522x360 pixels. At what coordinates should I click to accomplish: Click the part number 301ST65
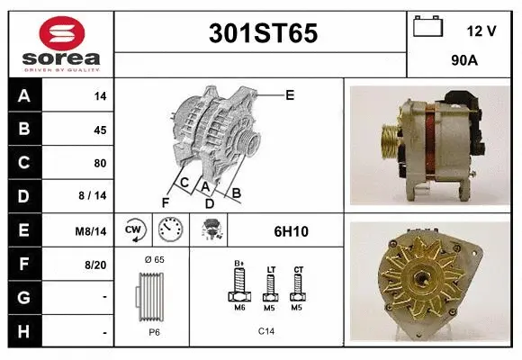tap(263, 34)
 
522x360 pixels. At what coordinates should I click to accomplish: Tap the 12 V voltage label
tap(481, 31)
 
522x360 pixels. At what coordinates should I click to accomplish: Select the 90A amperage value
tap(463, 61)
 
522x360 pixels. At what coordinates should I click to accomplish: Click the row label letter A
tap(24, 96)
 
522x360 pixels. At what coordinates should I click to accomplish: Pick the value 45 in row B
tap(99, 130)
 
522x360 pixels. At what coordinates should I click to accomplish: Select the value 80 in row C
tap(99, 163)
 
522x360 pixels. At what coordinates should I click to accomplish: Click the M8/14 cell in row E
tap(92, 231)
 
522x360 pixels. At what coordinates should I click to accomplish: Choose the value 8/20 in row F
tap(94, 265)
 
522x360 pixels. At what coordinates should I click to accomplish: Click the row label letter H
tap(24, 332)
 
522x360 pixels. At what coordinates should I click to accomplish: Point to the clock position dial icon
tap(170, 231)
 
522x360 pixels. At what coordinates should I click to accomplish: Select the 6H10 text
tap(291, 231)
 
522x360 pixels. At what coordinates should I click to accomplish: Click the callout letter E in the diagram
tap(290, 94)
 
